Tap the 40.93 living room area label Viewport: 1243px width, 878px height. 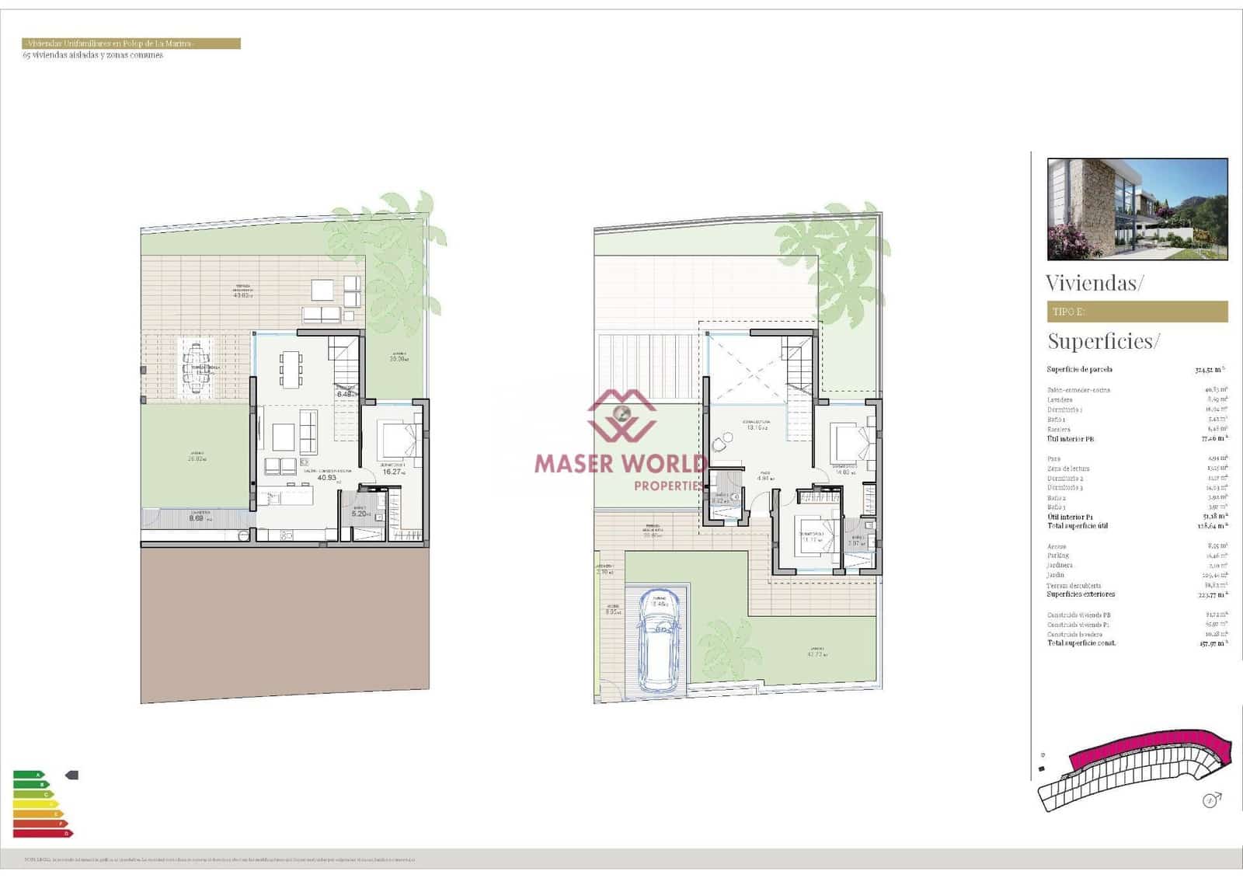tap(326, 478)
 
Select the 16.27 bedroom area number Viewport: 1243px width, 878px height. tap(392, 472)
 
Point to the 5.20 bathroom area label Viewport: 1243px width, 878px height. tap(359, 514)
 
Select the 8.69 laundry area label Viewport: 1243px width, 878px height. tap(197, 518)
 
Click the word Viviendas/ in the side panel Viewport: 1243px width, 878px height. tap(1094, 283)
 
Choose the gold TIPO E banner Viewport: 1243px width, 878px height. tap(1137, 312)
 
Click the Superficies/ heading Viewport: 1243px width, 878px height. tap(1103, 341)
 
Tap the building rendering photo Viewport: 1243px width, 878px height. tap(1137, 208)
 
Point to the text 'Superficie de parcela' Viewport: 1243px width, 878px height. tap(1079, 370)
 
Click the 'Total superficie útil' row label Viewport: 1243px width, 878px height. tap(1078, 526)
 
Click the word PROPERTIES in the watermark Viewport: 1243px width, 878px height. tap(669, 486)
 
